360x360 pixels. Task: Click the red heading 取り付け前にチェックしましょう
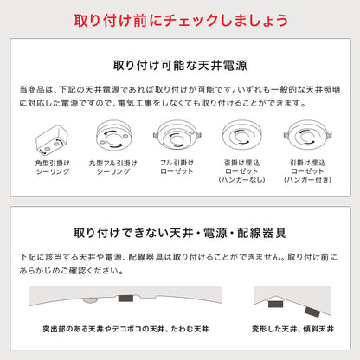179,20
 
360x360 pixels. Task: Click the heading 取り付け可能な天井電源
179,65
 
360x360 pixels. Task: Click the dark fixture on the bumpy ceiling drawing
125,297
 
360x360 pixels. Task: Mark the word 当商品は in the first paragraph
32,90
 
